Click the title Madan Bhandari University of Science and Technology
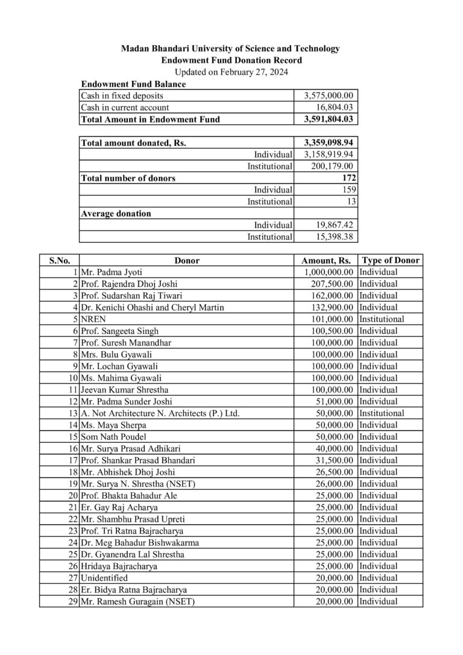tap(231, 48)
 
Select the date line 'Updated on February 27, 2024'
tap(231, 72)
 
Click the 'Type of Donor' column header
tap(390, 261)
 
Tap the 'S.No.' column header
tap(59, 261)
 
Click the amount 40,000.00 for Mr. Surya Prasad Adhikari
tap(336, 448)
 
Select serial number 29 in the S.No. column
tap(73, 601)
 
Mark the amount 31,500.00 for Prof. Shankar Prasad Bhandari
tap(336, 460)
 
